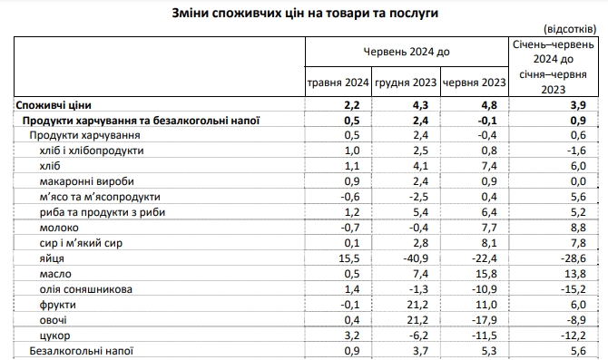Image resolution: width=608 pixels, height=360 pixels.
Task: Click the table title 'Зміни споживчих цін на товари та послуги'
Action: pos(304,15)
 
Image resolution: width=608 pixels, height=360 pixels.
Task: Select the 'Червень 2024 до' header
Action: pos(407,54)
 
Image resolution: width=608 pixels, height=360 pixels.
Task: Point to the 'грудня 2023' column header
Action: pos(406,85)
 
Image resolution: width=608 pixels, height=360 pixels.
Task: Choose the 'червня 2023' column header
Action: pos(474,85)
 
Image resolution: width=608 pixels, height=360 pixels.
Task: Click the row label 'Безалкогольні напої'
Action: pos(83,349)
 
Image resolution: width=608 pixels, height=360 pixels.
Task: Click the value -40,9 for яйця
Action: pos(419,258)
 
